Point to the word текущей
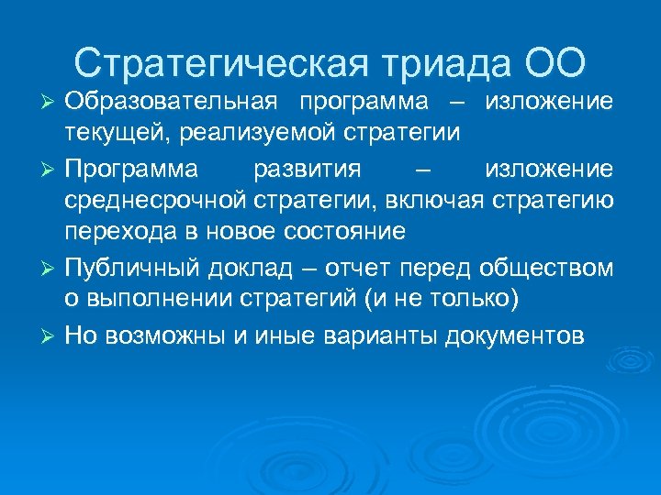106,132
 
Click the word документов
513,335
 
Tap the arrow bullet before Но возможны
50,335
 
